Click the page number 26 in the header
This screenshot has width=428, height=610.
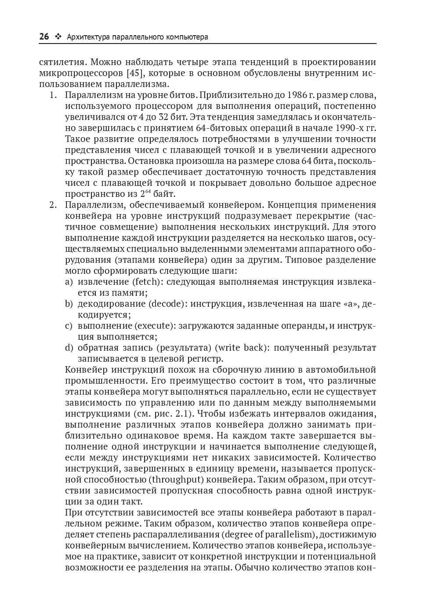[x=44, y=37]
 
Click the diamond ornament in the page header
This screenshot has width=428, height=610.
[x=58, y=37]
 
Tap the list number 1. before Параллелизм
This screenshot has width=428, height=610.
[x=53, y=95]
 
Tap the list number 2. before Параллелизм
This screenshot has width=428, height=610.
[x=53, y=205]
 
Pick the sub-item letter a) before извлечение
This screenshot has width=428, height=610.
[x=69, y=282]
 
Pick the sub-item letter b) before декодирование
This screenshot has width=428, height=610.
[x=69, y=304]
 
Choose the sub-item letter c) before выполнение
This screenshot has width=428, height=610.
[x=69, y=326]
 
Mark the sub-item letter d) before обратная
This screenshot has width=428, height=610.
[x=69, y=348]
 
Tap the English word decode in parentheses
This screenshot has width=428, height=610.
[x=167, y=304]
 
